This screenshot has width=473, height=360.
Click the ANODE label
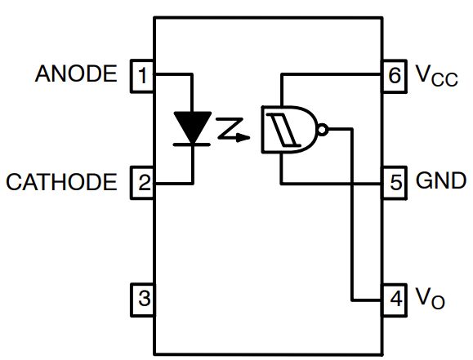click(x=78, y=75)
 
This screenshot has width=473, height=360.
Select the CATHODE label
click(x=61, y=181)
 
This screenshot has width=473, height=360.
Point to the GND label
click(x=441, y=180)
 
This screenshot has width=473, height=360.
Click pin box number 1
click(x=144, y=76)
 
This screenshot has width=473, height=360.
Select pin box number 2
click(x=144, y=182)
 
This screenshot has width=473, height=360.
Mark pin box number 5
click(x=396, y=181)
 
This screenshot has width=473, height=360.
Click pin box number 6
click(x=396, y=77)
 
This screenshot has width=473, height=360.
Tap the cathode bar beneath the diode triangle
click(x=191, y=144)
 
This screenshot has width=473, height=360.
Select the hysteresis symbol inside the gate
click(x=282, y=129)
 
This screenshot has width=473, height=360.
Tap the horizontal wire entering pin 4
click(x=368, y=299)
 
